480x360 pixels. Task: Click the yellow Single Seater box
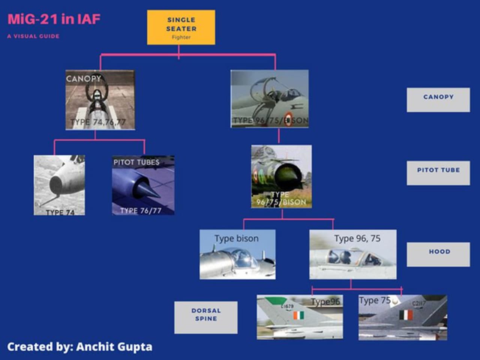(x=181, y=27)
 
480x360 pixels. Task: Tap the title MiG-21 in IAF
(x=54, y=19)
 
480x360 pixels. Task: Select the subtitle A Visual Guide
(x=33, y=36)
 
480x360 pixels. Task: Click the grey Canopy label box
(x=438, y=100)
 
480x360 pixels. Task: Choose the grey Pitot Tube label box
(x=438, y=172)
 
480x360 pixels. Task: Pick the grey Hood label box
(x=438, y=254)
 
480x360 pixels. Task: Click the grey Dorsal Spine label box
(x=206, y=317)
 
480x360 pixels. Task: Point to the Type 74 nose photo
(x=59, y=185)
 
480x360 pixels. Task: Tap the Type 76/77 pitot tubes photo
(x=143, y=185)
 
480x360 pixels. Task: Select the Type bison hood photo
(x=237, y=254)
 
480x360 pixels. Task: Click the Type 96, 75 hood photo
(x=352, y=254)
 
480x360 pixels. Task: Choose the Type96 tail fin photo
(x=300, y=317)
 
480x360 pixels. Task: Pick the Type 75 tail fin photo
(x=402, y=317)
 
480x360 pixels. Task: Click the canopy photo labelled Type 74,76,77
(x=100, y=100)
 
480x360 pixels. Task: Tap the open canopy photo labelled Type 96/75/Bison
(x=270, y=99)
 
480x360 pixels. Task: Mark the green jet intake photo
(x=281, y=176)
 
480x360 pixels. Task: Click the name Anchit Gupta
(x=114, y=347)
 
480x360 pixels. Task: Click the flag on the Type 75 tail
(x=406, y=315)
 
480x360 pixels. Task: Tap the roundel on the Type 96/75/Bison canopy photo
(x=288, y=119)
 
